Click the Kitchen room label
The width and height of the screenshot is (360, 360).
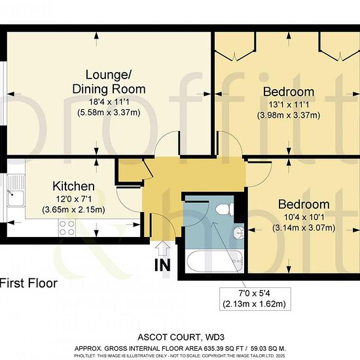coord(73,186)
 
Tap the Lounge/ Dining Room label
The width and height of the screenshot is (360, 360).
coord(109,82)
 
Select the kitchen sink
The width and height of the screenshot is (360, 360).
coord(16,190)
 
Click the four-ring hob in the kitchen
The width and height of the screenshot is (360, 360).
coord(67,228)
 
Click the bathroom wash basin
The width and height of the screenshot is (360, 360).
coord(239,233)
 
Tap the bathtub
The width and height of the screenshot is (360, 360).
coord(215,261)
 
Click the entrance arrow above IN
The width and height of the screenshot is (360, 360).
coord(163,248)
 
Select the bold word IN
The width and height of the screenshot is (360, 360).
coord(163,265)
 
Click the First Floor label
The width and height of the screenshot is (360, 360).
coord(28,283)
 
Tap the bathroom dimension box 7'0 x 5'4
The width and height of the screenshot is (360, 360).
coord(255,299)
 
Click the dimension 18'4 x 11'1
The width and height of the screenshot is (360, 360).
coord(109,101)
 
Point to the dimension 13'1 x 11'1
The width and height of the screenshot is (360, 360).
coord(289,105)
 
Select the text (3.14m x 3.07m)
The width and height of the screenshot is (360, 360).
coord(304,228)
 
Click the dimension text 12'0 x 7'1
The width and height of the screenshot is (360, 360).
coord(74,199)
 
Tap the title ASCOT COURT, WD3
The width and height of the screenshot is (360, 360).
coord(181,337)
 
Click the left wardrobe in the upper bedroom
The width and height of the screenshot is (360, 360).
coord(235,46)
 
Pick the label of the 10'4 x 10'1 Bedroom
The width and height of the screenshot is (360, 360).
coord(304,204)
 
